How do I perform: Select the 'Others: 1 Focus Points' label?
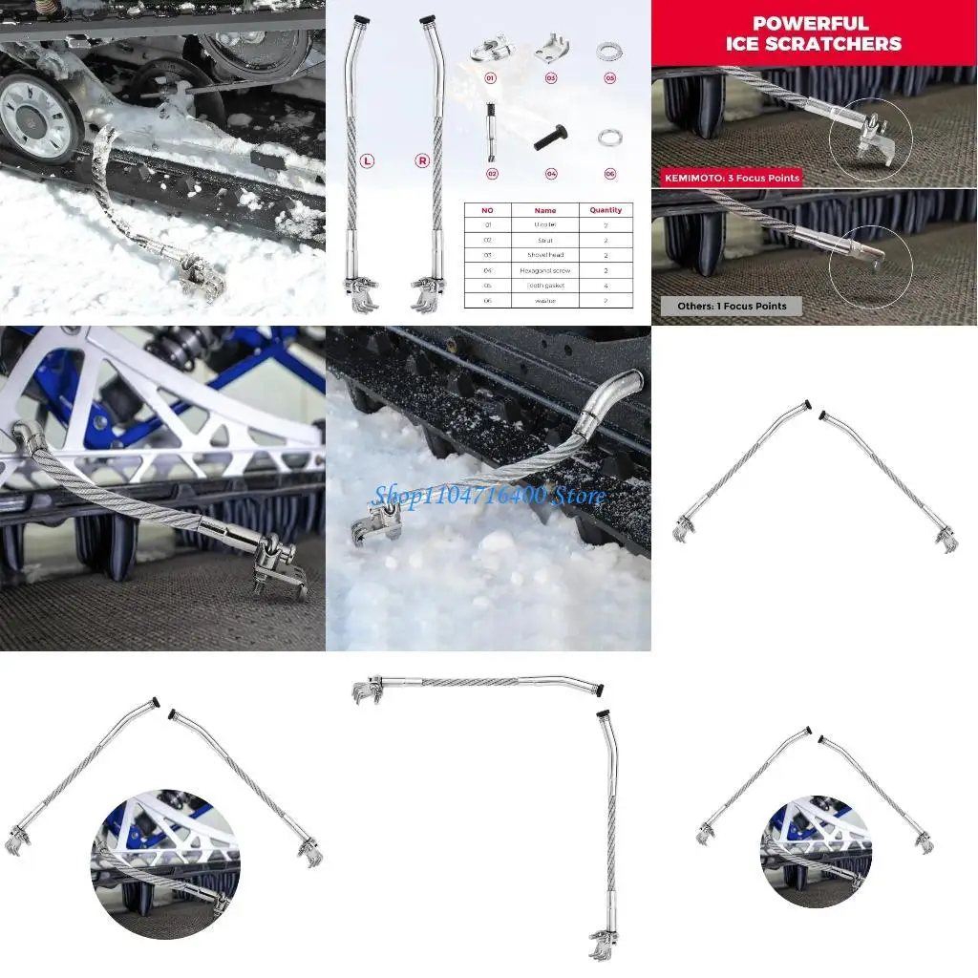726,306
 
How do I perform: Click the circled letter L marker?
367,161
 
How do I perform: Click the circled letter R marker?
422,161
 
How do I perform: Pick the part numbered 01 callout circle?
491,78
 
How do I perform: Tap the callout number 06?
609,174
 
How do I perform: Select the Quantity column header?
606,210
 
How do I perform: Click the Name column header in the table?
544,210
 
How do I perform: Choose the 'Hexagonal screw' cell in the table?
544,270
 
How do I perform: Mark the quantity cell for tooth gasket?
606,286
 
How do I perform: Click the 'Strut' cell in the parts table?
544,241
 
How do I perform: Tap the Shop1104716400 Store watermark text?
489,496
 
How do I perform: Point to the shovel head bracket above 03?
549,46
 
